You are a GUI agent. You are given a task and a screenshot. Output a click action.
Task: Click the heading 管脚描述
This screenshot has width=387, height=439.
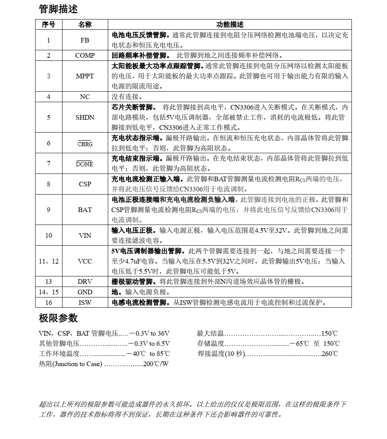58,9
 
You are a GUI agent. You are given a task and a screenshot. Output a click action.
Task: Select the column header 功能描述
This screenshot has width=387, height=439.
230,25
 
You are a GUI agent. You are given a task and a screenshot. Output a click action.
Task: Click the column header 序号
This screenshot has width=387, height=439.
48,25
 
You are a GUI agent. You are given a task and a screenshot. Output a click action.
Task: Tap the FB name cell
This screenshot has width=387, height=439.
85,40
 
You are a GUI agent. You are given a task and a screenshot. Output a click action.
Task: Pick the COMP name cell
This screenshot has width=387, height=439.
85,55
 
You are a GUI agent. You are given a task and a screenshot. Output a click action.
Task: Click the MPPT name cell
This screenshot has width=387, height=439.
85,76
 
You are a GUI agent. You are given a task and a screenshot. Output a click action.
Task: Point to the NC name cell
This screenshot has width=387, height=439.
85,97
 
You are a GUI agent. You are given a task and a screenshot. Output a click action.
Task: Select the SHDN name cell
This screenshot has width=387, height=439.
85,117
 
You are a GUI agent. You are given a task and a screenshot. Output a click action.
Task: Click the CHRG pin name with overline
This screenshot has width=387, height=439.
85,144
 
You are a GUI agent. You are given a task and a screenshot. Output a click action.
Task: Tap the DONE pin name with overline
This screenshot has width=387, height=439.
85,164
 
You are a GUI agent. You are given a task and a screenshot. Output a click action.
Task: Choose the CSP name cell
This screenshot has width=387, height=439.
85,184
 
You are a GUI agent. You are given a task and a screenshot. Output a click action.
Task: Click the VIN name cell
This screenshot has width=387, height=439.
85,235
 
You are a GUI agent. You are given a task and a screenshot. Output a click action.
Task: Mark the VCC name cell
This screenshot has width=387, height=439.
85,261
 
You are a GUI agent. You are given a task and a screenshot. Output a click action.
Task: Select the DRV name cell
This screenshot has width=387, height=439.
85,282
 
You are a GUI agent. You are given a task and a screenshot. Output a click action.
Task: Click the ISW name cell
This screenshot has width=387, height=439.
85,302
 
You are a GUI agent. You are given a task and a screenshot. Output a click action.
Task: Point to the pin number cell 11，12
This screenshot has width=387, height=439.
48,261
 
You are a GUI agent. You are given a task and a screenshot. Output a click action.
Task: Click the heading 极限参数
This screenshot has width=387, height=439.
58,318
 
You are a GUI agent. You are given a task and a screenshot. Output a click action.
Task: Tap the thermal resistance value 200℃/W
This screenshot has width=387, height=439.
156,364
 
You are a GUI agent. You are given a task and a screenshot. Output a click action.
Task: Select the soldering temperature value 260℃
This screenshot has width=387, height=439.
330,354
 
